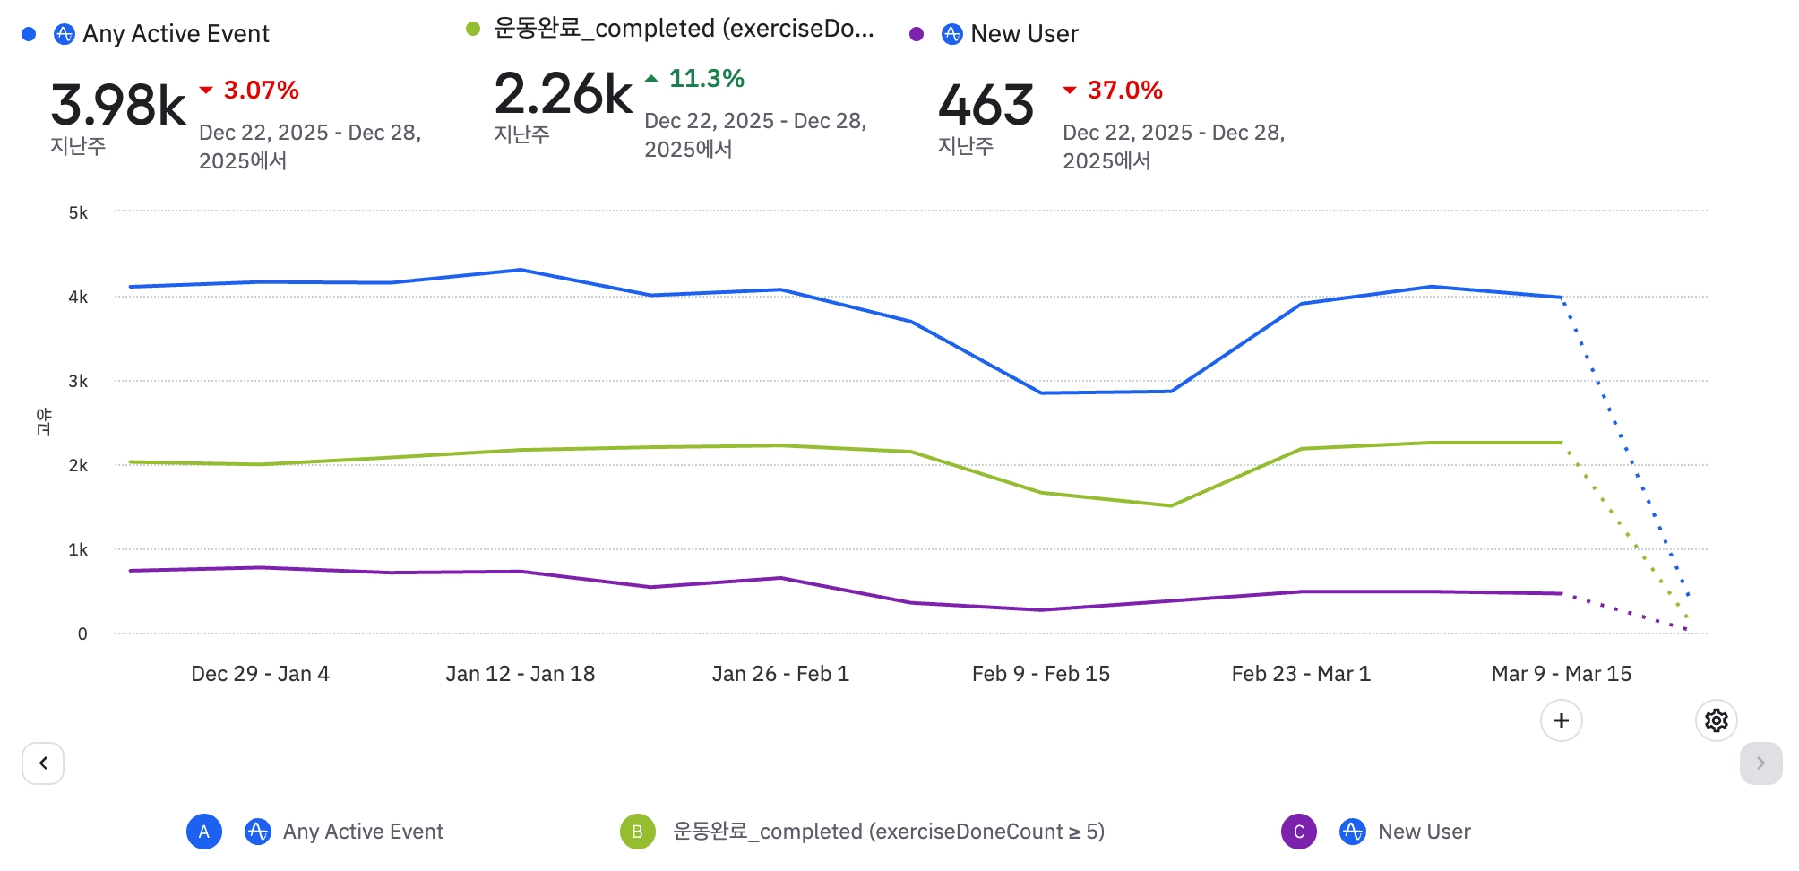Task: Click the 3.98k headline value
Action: [x=117, y=105]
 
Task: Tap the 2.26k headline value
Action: [x=563, y=94]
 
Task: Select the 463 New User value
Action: [x=986, y=105]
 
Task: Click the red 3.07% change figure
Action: [x=261, y=91]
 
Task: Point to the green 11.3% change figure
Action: [x=706, y=79]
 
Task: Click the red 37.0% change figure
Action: [x=1124, y=91]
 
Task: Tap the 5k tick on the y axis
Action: [x=78, y=213]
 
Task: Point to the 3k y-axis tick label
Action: [x=78, y=382]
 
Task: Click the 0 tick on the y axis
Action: [x=82, y=634]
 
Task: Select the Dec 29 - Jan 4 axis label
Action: [x=260, y=674]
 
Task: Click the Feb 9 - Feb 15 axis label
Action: [x=1040, y=674]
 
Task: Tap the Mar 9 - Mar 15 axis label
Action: [x=1561, y=674]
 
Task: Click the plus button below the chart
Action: [x=1561, y=720]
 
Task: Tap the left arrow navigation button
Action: [x=43, y=763]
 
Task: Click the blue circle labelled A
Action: [x=204, y=832]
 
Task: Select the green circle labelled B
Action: [x=637, y=832]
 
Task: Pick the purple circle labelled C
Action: [x=1298, y=832]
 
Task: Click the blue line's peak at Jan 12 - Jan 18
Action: [x=521, y=270]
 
